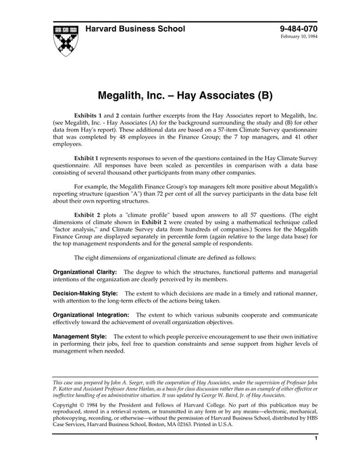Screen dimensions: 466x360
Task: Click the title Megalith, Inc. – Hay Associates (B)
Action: pos(180,89)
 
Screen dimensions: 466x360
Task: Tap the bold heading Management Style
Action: pos(80,336)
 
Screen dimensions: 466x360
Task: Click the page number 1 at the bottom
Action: pos(316,458)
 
